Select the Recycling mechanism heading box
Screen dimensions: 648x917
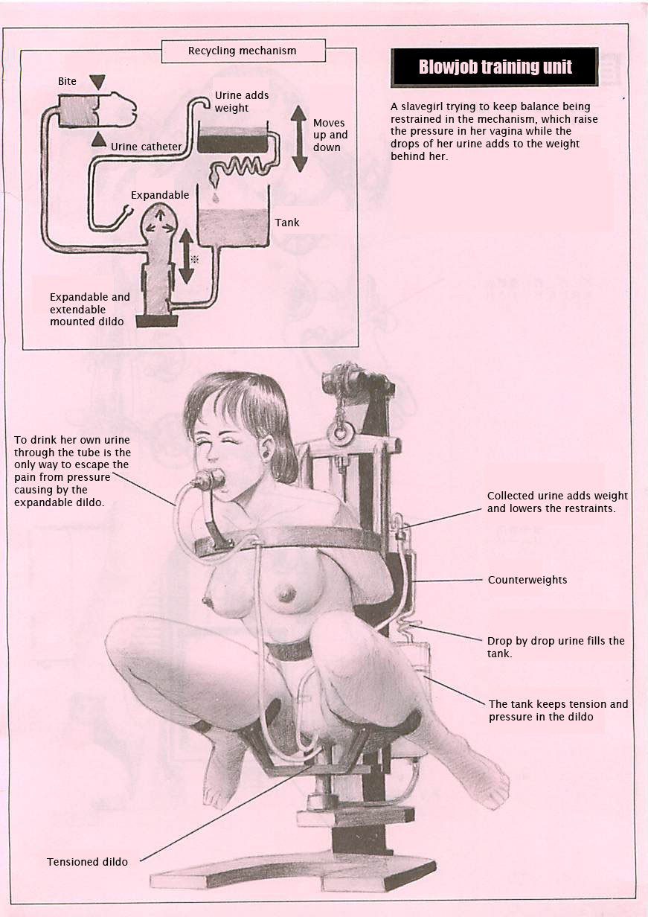[x=243, y=51]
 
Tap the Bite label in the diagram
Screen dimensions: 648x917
[x=67, y=81]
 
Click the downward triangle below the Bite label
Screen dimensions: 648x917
[x=97, y=82]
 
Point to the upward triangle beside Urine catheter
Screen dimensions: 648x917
[x=98, y=140]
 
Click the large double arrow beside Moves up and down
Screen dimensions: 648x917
[x=299, y=138]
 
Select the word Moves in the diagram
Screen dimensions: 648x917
[x=329, y=123]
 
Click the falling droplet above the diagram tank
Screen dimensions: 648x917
[x=215, y=197]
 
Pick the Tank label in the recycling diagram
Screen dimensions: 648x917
[x=287, y=223]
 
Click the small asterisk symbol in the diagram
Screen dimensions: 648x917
[x=195, y=259]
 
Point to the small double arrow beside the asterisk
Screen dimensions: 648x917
[x=186, y=256]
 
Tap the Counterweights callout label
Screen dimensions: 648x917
[x=527, y=580]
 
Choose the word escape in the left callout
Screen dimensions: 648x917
[x=91, y=465]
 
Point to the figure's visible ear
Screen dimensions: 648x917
[x=269, y=449]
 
